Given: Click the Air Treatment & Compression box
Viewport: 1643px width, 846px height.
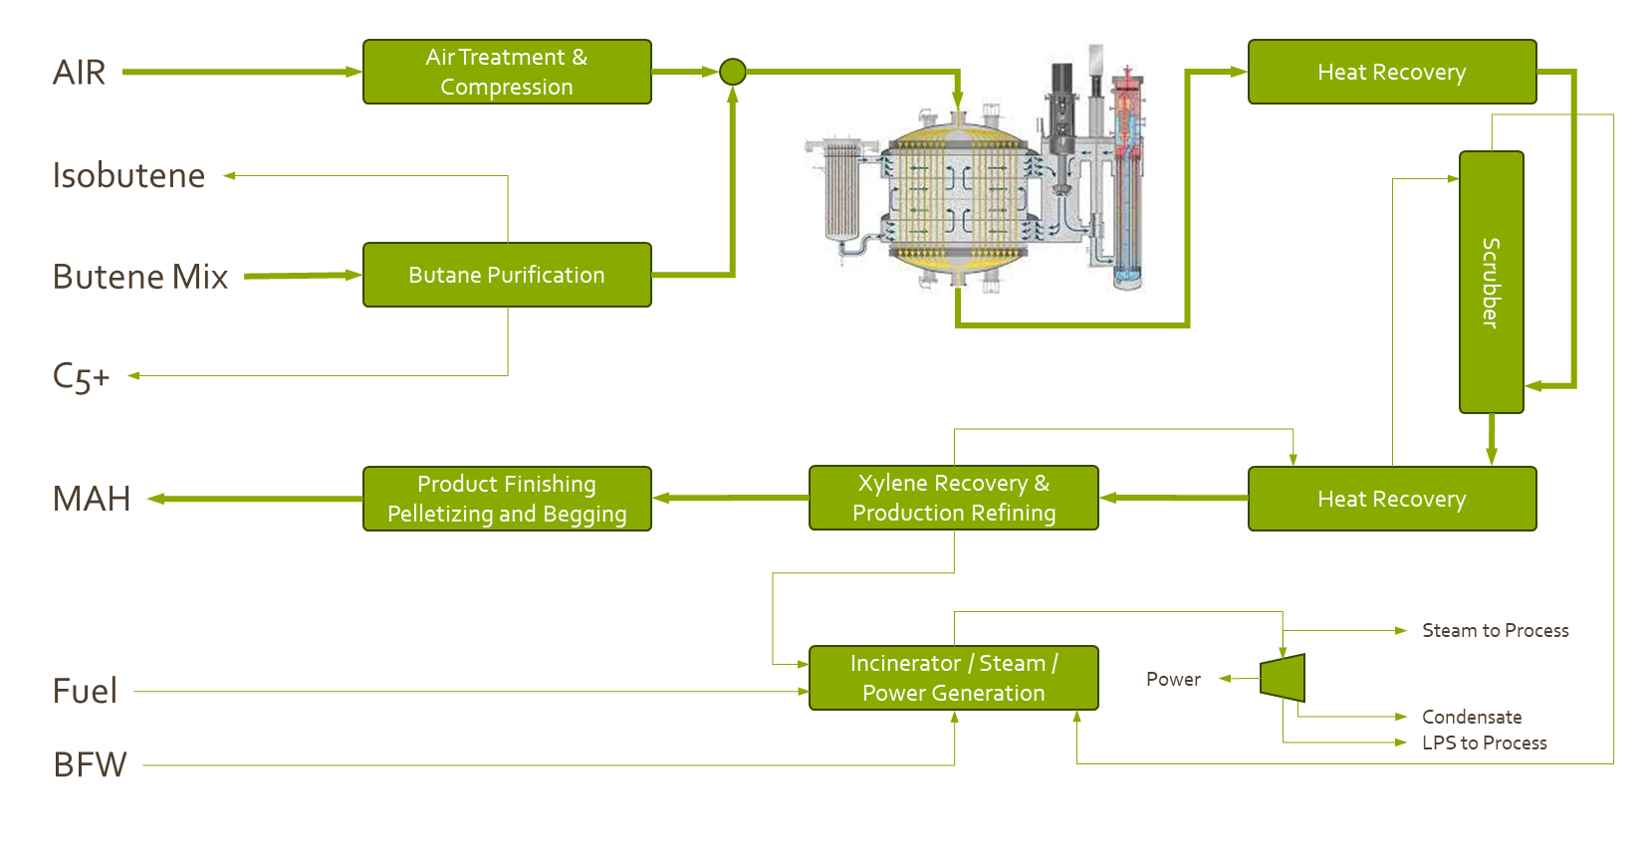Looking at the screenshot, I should coord(507,72).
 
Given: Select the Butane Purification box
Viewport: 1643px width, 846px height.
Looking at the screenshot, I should coord(507,275).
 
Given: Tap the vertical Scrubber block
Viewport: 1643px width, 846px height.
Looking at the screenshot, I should coord(1491,282).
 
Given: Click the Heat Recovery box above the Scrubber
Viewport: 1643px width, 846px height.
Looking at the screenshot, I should coord(1391,72).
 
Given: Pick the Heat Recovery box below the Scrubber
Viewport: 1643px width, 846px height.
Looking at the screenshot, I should coord(1391,499).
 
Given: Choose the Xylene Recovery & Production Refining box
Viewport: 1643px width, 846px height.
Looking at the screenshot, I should coord(953,498).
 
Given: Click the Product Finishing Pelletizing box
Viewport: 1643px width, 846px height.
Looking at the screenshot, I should coord(507,499).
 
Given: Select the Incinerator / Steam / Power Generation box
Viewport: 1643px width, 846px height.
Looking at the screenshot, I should coord(953,678).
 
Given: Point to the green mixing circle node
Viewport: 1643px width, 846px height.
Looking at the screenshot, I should coord(733,72).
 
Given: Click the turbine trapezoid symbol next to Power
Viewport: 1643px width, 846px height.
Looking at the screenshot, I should coord(1284,678).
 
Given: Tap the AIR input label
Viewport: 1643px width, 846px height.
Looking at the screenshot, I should coord(79,73).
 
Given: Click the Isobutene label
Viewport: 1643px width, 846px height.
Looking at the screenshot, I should coord(128,175).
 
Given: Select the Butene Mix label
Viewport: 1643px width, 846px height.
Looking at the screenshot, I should coord(140,277).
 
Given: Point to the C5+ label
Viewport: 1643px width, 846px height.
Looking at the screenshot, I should coord(81,376).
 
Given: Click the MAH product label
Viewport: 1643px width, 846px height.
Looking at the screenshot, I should coord(92,499).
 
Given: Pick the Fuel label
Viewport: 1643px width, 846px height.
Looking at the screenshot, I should coord(85,691).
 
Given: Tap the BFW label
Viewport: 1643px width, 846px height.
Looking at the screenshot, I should coord(90,764).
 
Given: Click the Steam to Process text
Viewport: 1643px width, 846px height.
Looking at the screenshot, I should coord(1495,630).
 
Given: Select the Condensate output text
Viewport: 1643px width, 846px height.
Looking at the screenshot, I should coord(1472,717).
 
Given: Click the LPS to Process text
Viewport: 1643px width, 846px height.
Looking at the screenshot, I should coord(1484,742).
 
